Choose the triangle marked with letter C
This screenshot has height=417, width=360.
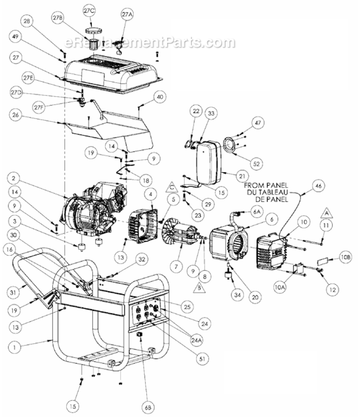pyautogui.click(x=172, y=185)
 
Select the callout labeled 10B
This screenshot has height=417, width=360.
pyautogui.click(x=345, y=258)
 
